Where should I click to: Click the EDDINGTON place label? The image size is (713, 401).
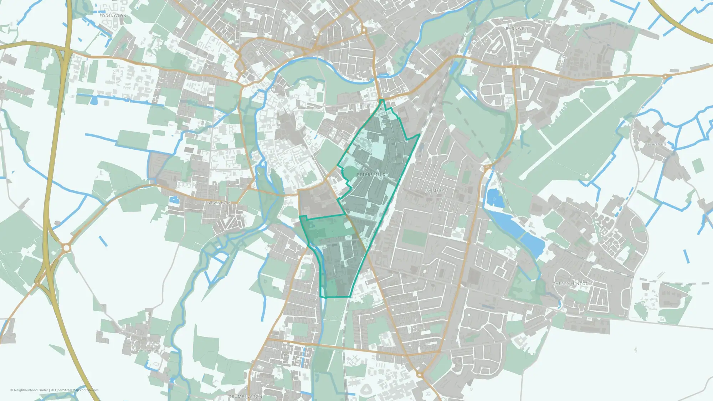pos(113,16)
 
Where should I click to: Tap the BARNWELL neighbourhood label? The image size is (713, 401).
pos(517,29)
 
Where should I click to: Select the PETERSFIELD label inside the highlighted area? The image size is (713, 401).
pos(371,175)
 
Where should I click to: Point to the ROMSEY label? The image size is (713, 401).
pos(435,191)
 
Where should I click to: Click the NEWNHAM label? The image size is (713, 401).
pos(219,203)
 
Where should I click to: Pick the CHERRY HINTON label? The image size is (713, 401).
pos(570,284)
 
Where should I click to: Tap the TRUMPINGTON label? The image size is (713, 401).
pos(245,396)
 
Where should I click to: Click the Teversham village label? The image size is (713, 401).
pos(656,144)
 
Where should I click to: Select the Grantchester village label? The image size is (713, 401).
pos(146,351)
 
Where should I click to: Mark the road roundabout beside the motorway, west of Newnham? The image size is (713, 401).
pos(66,247)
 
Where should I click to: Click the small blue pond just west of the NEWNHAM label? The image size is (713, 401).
pos(174,200)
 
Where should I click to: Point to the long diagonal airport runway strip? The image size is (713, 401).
pos(578,130)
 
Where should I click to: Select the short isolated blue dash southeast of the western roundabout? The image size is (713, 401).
pos(103,241)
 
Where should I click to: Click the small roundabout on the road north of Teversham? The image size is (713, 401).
pos(665,76)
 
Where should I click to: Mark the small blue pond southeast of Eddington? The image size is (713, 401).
pos(94,101)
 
